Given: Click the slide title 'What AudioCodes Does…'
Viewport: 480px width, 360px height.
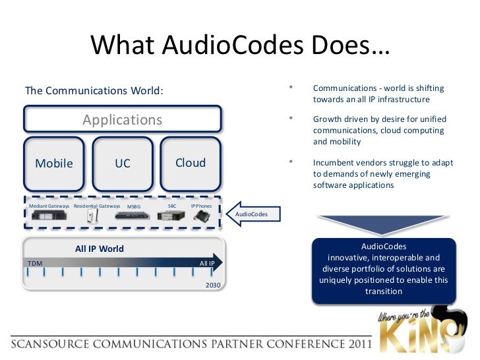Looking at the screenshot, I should pos(240,45).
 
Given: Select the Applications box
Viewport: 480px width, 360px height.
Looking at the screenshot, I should pos(123,119).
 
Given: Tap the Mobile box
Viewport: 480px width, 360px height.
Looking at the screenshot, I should pos(54,163).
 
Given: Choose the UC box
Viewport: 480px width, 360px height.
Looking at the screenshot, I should pos(123,163).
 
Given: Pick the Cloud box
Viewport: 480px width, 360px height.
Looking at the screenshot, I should pos(191,163).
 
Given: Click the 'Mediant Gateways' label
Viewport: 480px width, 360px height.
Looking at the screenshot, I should pos(49,206).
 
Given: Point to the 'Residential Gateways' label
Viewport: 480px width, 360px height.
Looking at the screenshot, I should pos(97,206).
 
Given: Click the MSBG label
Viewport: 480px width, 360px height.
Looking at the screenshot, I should pos(134,207).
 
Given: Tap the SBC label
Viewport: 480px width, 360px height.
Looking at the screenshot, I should pos(172,206).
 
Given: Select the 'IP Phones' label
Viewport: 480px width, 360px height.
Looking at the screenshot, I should pos(201,206).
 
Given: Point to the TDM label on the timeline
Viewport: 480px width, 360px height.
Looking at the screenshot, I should pos(35,263).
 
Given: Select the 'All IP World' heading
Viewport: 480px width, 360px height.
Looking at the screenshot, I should pos(100,249).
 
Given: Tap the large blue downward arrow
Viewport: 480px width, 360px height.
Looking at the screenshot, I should pos(383,224).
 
